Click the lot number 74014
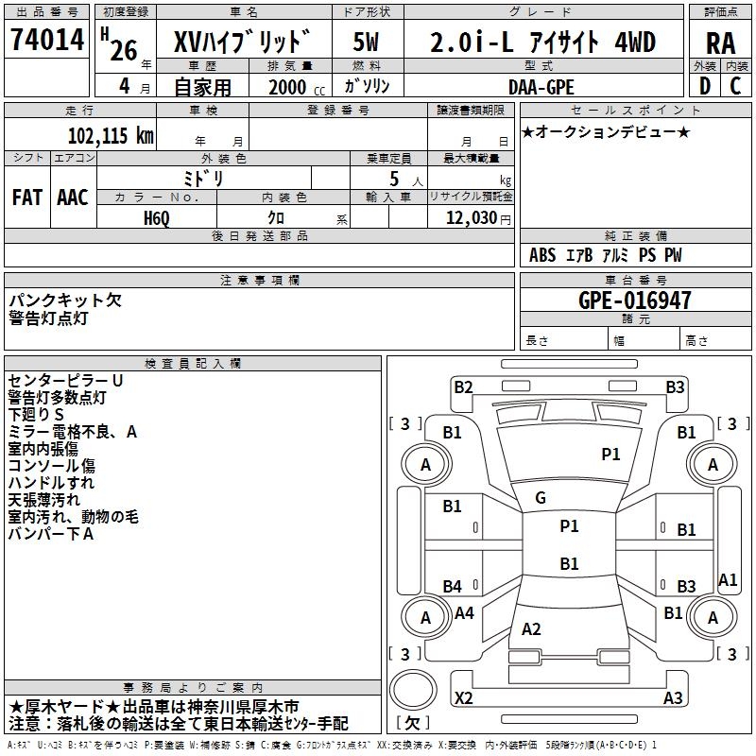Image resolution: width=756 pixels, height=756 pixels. point(47,39)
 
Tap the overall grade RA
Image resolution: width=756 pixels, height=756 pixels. point(721,43)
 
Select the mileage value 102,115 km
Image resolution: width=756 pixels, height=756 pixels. point(111,136)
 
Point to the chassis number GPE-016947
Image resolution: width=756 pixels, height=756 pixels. point(634,301)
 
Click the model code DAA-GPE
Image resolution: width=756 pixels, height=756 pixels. point(541,87)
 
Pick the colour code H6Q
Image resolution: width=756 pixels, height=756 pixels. point(157,218)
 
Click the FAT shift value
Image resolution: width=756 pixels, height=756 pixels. point(27,198)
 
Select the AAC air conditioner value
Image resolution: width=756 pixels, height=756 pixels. point(73,198)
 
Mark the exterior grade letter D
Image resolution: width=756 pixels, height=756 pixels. point(705,86)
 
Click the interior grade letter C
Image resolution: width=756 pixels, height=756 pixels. point(735,86)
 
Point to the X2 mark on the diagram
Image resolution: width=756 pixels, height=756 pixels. point(463,697)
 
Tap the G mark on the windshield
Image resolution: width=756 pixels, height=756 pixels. point(541,498)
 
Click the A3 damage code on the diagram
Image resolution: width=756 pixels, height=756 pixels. point(673,697)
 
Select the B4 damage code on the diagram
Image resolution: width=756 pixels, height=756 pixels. point(453,586)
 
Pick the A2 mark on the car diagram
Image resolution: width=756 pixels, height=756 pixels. point(531,628)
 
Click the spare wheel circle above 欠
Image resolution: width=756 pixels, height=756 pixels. point(413,689)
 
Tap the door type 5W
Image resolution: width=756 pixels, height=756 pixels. point(366,42)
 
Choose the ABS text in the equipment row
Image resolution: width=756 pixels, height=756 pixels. point(542,255)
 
